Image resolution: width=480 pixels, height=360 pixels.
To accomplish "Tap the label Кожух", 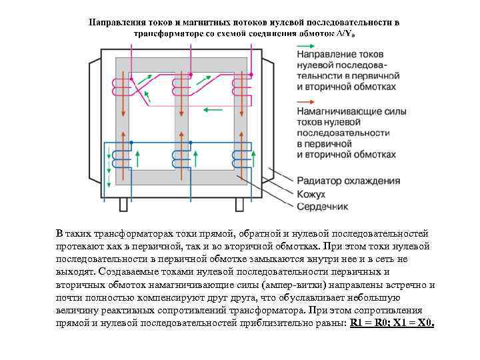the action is point(311,194).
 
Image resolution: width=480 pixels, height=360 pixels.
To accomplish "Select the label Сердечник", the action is point(322,207).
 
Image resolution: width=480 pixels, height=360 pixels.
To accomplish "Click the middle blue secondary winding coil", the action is point(179,159).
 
